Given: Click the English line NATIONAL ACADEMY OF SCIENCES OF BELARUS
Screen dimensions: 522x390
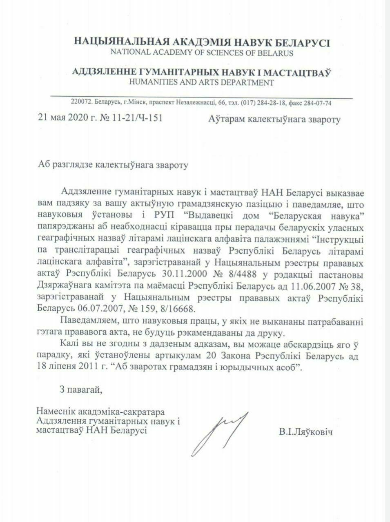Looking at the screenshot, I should [201, 53].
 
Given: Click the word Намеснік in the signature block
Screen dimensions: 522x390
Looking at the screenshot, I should [53, 410].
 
